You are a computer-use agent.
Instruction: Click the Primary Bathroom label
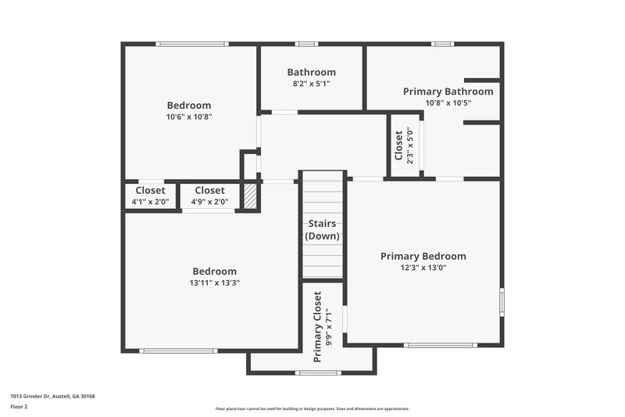pos(448,92)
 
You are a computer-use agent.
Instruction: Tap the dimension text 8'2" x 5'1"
pos(311,84)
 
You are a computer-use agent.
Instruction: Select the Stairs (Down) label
pos(322,230)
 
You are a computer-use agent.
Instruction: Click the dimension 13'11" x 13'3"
pos(214,283)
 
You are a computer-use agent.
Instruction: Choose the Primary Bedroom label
pos(423,256)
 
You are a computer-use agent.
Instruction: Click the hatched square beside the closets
pos(250,196)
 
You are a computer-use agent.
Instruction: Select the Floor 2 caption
pos(19,407)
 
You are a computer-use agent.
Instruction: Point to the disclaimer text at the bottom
pos(312,408)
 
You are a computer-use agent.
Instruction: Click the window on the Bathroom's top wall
pos(306,44)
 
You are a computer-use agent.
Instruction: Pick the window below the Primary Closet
pos(319,372)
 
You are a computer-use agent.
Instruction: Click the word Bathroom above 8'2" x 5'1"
pos(311,72)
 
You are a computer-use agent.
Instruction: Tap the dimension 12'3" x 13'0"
pos(423,268)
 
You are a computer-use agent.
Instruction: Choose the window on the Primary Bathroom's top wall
pos(442,44)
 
